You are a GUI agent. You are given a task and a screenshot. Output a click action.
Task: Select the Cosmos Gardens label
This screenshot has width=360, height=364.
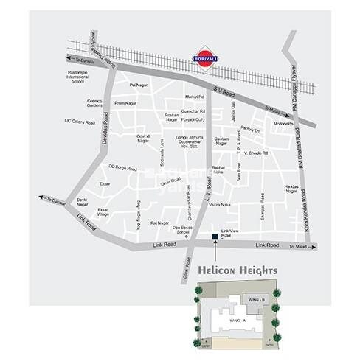[x=93, y=104]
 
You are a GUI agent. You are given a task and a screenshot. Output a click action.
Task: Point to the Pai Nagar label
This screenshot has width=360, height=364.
[x=137, y=85]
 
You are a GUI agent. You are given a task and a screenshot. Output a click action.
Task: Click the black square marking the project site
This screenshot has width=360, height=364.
[x=214, y=237]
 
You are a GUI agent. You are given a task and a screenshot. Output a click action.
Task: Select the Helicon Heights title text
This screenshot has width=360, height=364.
[x=237, y=269]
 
